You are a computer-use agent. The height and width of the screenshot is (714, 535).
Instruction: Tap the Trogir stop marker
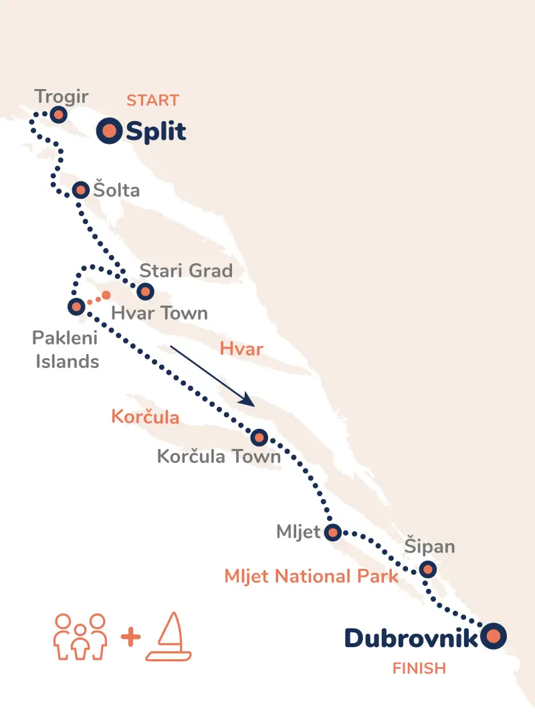pos(58,114)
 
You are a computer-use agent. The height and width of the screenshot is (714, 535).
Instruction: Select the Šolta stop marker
pos(80,190)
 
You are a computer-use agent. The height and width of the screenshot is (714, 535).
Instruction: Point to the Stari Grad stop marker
pos(144,292)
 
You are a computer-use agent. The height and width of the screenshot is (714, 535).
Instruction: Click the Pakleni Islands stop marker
pos(76,307)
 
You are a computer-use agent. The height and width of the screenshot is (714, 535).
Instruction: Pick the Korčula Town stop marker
pos(259,438)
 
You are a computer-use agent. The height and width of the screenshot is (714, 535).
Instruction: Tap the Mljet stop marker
pos(332,533)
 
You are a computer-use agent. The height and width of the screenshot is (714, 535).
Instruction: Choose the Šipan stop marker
pos(428,570)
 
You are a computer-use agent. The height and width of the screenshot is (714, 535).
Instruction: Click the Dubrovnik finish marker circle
pos(494,636)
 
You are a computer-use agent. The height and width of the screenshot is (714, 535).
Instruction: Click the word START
pos(152,101)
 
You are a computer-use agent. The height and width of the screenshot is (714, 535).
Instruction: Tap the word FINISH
pos(419,668)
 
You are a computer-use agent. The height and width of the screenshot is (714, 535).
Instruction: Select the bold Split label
pos(156,132)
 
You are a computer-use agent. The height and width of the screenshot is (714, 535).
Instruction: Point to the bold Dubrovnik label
pos(411,638)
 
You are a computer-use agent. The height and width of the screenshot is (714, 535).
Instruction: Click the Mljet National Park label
pos(312,576)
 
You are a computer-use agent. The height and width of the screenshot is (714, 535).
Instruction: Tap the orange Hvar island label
pos(241,349)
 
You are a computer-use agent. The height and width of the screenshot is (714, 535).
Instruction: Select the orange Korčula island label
pos(145,418)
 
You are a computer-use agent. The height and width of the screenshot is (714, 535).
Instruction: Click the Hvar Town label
pos(159,313)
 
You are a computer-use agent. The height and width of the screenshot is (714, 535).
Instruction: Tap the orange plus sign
pos(130,637)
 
